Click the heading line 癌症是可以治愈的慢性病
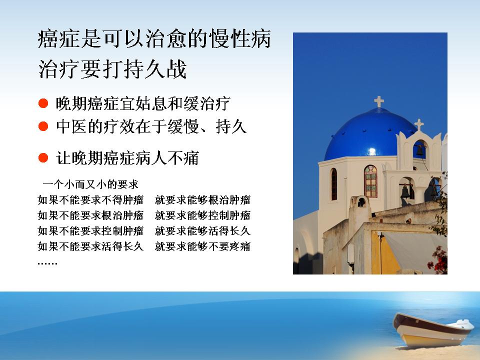(154, 39)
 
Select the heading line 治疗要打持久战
(112, 69)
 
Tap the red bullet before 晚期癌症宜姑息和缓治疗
(43, 103)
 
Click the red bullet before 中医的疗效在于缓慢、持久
(43, 126)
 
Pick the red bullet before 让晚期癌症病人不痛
(43, 158)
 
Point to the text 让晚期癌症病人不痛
(127, 158)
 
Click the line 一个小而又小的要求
(90, 184)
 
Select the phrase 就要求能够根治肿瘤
(202, 200)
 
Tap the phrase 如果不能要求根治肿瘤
(90, 215)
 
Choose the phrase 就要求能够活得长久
(202, 231)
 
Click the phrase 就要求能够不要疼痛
(202, 246)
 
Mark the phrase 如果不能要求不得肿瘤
(90, 200)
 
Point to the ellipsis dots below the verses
(47, 263)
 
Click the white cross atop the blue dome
(379, 101)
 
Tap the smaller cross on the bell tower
(419, 124)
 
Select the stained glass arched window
(370, 181)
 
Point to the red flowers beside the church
(438, 260)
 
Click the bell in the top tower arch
(419, 150)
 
